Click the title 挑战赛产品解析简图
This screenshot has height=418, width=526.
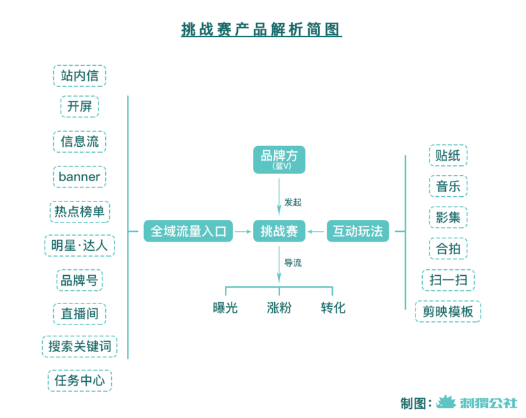click(262, 30)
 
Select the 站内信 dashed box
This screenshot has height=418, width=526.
click(80, 76)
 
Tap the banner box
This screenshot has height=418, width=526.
click(80, 176)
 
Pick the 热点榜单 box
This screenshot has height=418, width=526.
click(80, 211)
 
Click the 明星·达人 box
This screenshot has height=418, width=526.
click(80, 246)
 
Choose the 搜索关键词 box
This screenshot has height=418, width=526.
click(80, 346)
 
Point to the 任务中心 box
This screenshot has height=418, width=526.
click(80, 380)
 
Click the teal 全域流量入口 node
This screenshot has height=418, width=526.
click(189, 231)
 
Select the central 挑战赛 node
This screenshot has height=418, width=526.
click(279, 231)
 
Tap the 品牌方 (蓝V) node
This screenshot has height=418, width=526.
click(279, 159)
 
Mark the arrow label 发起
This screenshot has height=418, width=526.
click(293, 201)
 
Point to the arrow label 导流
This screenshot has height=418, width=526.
click(293, 263)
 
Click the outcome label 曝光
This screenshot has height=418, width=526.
click(225, 308)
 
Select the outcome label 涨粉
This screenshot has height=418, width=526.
click(279, 308)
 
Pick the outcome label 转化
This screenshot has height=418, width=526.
click(333, 308)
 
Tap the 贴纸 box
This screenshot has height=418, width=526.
click(448, 155)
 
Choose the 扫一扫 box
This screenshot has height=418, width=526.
click(448, 280)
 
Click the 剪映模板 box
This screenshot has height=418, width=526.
click(448, 311)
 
